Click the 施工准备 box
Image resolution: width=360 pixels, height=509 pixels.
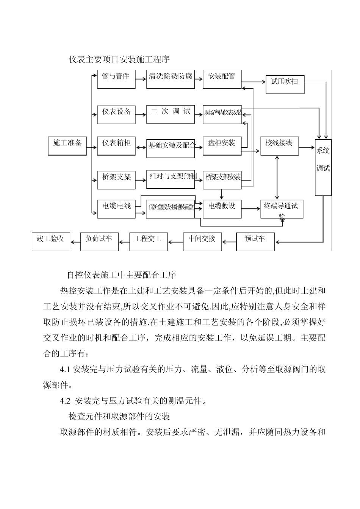[x=67, y=145]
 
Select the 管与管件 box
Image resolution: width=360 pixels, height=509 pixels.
[x=116, y=79]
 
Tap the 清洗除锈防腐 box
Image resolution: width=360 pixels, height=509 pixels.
[x=171, y=79]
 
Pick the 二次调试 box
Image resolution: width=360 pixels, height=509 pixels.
[x=171, y=114]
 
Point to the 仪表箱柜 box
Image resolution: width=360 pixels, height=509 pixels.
[x=116, y=145]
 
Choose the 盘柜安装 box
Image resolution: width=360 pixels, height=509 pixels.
[x=222, y=145]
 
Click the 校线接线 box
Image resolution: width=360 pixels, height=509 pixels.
[x=279, y=145]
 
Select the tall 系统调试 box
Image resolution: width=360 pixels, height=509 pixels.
[x=323, y=167]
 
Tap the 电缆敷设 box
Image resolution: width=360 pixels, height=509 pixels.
[x=222, y=208]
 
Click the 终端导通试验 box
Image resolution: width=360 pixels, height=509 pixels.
[x=282, y=209]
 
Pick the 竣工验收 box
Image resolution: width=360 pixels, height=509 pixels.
[x=51, y=242]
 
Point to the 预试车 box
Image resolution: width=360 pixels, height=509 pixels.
[x=255, y=242]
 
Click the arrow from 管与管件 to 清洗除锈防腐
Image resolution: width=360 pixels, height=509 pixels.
[x=141, y=79]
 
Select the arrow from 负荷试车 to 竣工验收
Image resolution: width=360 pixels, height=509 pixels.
[x=75, y=242]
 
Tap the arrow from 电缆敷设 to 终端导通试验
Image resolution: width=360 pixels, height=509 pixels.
[x=251, y=208]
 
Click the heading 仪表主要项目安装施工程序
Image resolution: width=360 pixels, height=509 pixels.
[x=119, y=59]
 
